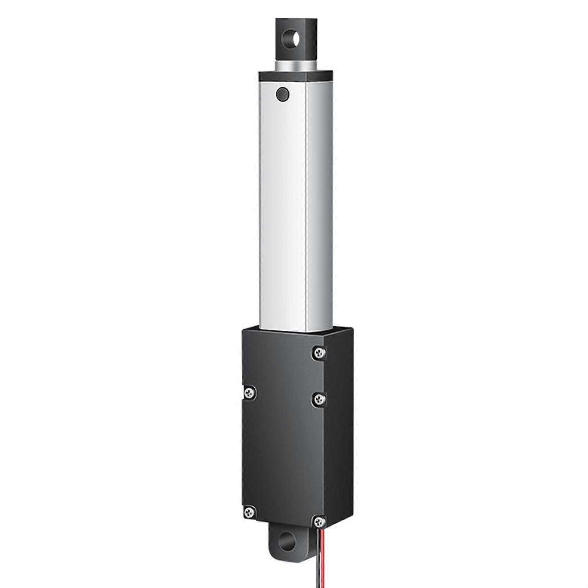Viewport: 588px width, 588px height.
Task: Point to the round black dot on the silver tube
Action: pos(283,95)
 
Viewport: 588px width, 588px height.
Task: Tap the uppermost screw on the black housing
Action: pos(319,353)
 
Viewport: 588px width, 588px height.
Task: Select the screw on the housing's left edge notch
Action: pos(250,392)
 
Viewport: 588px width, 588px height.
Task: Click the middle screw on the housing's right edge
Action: pos(319,398)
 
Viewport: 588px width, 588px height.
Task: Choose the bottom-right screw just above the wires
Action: pos(319,521)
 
